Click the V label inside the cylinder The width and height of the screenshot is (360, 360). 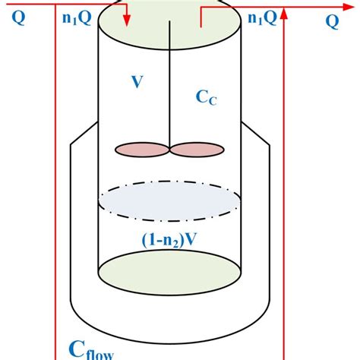pos(137,82)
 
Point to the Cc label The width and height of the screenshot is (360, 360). pos(206,98)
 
